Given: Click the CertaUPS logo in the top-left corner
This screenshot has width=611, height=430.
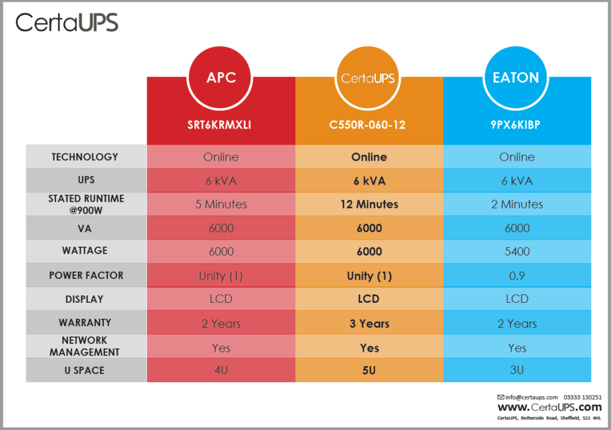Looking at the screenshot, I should coord(67,23).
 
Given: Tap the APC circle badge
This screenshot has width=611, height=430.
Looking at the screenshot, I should coord(221,78).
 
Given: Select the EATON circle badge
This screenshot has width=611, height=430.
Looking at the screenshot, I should coord(517,78).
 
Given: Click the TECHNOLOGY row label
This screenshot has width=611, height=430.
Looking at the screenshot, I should coord(85,157).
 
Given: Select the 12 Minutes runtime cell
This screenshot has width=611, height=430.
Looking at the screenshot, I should coord(369,204).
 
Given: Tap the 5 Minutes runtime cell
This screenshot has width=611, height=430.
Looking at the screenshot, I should coord(221,204).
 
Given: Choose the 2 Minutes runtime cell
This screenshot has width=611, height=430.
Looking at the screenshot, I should coord(517,204).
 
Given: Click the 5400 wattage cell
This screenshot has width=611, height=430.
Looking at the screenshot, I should coord(517,251).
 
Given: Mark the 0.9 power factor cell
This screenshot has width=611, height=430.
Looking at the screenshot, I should coord(517,276).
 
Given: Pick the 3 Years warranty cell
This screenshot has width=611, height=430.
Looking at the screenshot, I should coord(369,324).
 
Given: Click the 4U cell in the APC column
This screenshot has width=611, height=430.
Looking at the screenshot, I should coord(221,370).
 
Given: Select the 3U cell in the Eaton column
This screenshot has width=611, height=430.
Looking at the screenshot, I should coord(517,370).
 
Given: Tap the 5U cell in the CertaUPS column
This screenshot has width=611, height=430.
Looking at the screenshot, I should coord(369,370).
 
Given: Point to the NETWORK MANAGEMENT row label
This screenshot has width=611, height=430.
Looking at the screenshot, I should coord(85,346).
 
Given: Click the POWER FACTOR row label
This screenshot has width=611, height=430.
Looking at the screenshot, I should coord(86,276).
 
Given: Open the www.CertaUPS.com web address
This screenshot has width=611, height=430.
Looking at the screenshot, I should coord(550,408).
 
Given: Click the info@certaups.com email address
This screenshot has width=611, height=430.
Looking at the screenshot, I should coord(531,397).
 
